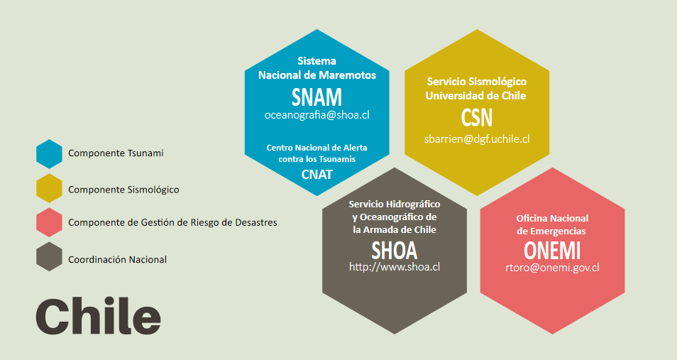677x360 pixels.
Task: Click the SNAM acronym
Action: (x=317, y=97)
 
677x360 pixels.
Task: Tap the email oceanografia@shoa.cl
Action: (x=317, y=114)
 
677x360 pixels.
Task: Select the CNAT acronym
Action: (x=317, y=174)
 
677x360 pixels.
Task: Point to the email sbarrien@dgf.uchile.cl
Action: (x=477, y=139)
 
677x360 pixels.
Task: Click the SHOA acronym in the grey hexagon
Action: (x=395, y=250)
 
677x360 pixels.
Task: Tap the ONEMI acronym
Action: (x=552, y=250)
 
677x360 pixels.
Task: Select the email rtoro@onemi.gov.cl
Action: (x=552, y=268)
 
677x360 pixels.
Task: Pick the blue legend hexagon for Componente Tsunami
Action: (x=49, y=153)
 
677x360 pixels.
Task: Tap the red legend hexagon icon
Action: (x=49, y=222)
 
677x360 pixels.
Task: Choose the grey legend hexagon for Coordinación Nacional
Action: (x=49, y=257)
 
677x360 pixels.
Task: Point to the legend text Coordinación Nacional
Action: (x=117, y=259)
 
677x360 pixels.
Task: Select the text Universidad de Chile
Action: (x=475, y=96)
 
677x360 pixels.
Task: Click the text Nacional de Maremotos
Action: (x=317, y=75)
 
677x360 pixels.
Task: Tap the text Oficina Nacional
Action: (x=552, y=218)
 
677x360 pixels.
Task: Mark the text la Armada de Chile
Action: (x=395, y=229)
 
